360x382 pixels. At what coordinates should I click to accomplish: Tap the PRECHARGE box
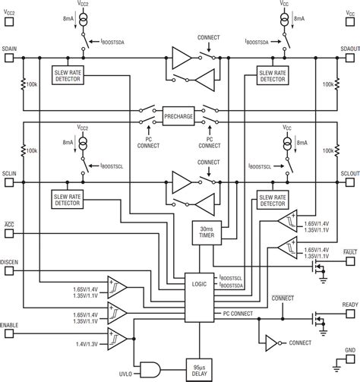tap(179, 115)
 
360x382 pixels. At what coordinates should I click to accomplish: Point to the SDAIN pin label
tap(11, 47)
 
